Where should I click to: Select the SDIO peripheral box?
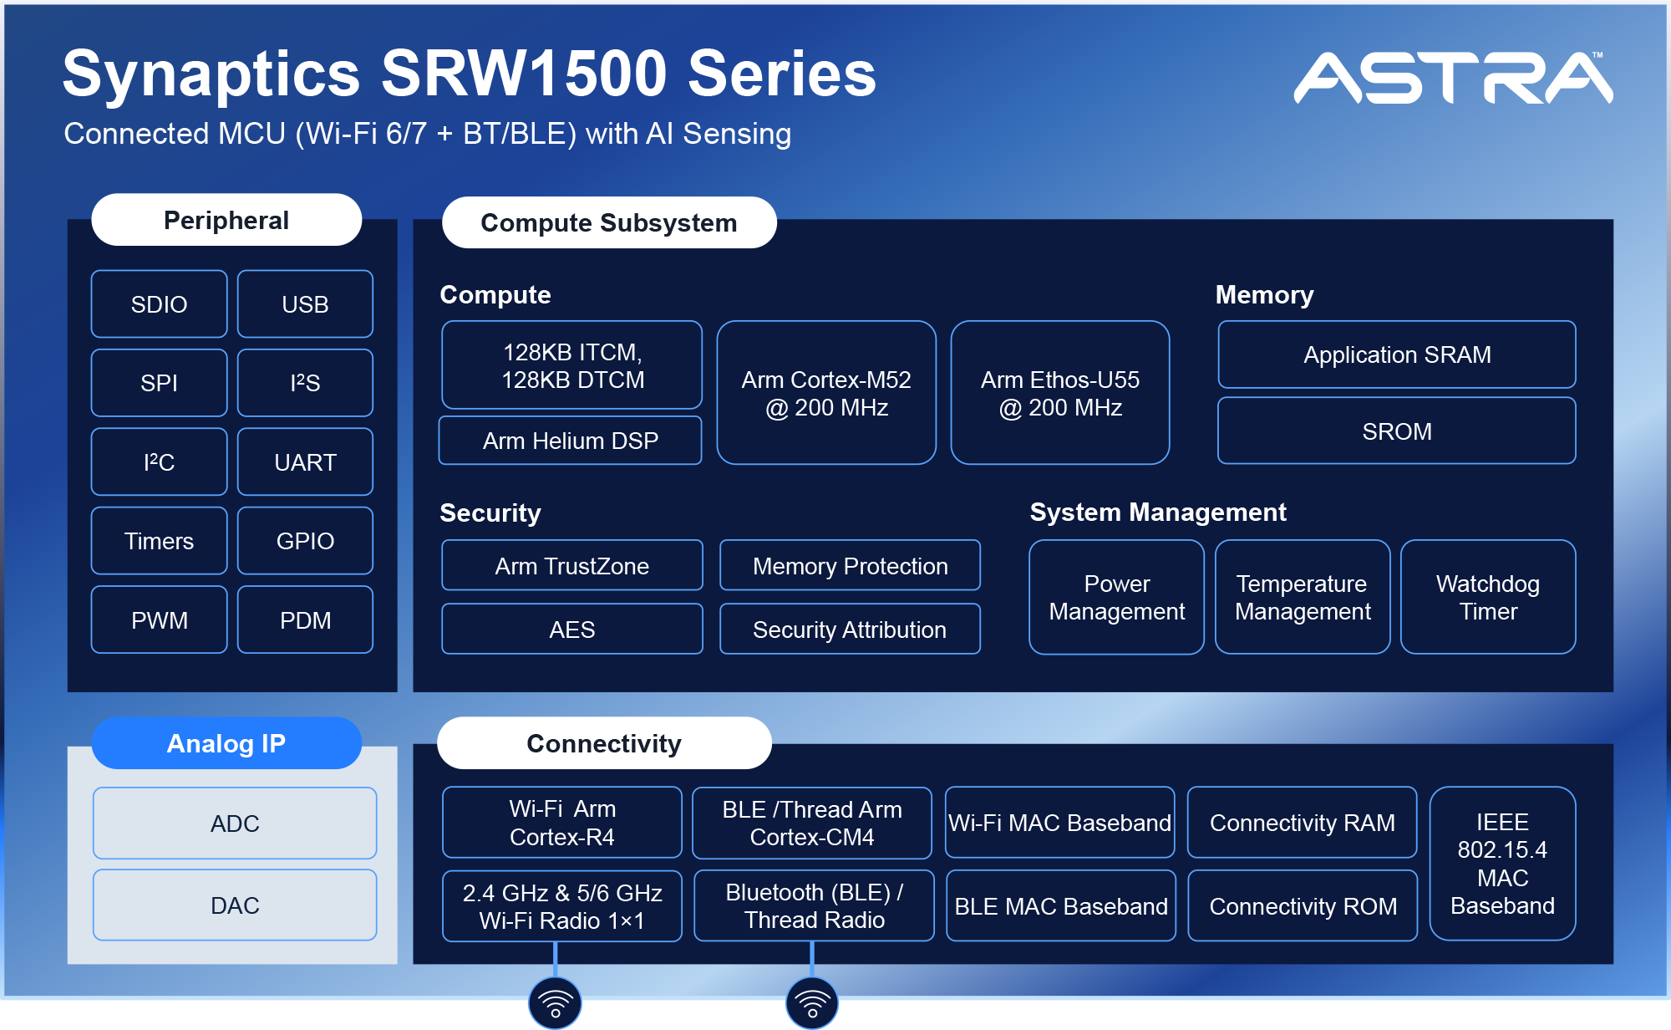click(159, 303)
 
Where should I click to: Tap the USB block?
click(305, 303)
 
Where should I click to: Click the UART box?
click(305, 461)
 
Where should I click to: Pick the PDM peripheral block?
click(305, 620)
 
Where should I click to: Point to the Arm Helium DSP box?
click(571, 441)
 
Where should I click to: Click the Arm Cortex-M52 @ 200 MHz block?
click(826, 393)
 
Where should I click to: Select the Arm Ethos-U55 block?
click(1059, 393)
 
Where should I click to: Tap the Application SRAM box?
click(1396, 354)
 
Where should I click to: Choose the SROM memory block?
click(1396, 431)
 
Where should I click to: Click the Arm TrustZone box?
click(571, 565)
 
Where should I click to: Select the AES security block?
click(571, 629)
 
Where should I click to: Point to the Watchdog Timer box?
click(1487, 597)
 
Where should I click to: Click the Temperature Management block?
click(1302, 597)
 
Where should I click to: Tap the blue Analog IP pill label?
click(226, 742)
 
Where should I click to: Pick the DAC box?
click(235, 905)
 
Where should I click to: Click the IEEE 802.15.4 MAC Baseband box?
click(1502, 863)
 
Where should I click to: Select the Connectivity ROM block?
click(1302, 905)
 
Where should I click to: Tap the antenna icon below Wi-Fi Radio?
click(555, 1002)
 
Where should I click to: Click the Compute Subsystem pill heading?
click(608, 222)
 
